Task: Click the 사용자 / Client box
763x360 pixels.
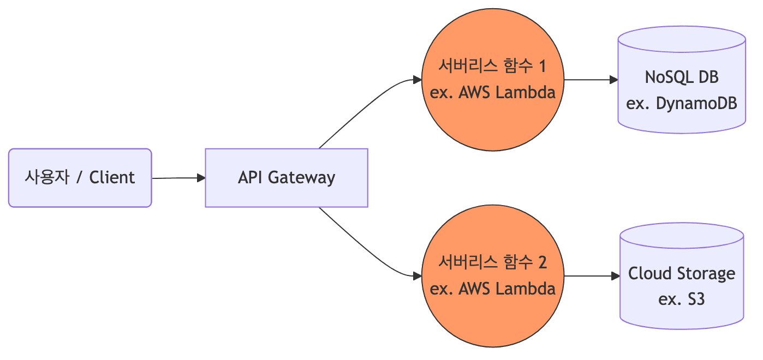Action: pyautogui.click(x=80, y=178)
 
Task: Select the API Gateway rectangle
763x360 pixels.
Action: pyautogui.click(x=286, y=178)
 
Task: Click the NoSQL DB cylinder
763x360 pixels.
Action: pyautogui.click(x=682, y=82)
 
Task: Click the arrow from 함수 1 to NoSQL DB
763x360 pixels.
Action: pyautogui.click(x=591, y=80)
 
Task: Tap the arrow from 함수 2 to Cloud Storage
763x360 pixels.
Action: pyautogui.click(x=592, y=276)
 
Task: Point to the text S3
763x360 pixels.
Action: pyautogui.click(x=694, y=299)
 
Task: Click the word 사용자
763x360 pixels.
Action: pyautogui.click(x=47, y=177)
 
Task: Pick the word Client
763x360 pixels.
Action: pyautogui.click(x=112, y=177)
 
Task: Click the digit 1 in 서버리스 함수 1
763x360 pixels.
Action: pyautogui.click(x=541, y=67)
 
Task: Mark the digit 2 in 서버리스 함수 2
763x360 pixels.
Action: pyautogui.click(x=541, y=263)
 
